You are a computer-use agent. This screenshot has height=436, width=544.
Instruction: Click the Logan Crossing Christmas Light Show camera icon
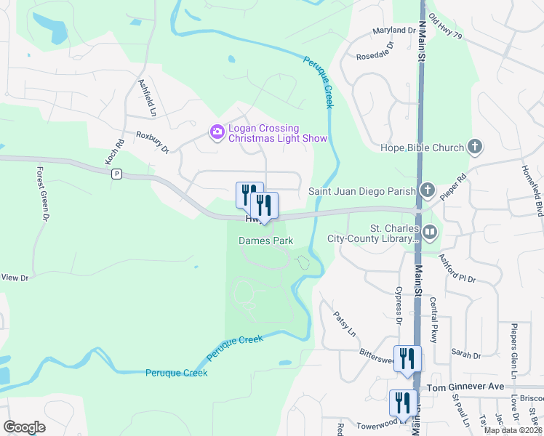[216, 132]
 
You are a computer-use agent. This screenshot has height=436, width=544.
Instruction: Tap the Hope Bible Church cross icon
[474, 148]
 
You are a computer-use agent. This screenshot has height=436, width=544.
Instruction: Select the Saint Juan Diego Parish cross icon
[427, 191]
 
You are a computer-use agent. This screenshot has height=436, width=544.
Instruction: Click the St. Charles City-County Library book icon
[430, 233]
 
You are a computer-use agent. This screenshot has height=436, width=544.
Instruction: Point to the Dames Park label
[265, 240]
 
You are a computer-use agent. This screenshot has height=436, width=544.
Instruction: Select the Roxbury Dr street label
[152, 142]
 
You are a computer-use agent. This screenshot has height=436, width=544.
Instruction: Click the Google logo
[24, 427]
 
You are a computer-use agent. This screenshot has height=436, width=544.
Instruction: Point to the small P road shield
[116, 174]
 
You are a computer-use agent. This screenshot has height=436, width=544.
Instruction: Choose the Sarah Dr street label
[467, 355]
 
